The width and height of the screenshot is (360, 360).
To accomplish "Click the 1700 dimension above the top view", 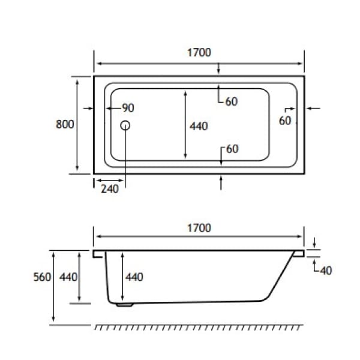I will click(x=199, y=52).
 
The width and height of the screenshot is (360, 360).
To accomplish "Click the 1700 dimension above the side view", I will click(x=199, y=228).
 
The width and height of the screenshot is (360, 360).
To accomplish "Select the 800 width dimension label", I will click(x=64, y=124).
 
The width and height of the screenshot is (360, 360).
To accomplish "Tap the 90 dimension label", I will click(x=127, y=108).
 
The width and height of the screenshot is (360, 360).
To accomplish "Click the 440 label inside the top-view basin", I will click(x=198, y=126).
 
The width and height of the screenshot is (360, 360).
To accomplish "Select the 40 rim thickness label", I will click(x=326, y=271).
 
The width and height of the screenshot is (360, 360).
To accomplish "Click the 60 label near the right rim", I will click(x=284, y=121).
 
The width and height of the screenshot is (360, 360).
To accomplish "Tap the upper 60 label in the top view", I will click(x=232, y=102).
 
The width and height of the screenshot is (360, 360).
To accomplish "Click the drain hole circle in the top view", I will click(x=125, y=125).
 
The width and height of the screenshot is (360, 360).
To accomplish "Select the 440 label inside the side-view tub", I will click(x=134, y=277).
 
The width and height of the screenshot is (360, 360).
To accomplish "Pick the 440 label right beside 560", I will click(x=68, y=277).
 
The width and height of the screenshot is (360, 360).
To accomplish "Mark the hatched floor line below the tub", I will click(x=198, y=328).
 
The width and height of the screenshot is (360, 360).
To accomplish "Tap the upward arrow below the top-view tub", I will click(x=222, y=182).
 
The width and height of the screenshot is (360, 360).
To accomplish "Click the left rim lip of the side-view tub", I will click(x=98, y=254).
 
